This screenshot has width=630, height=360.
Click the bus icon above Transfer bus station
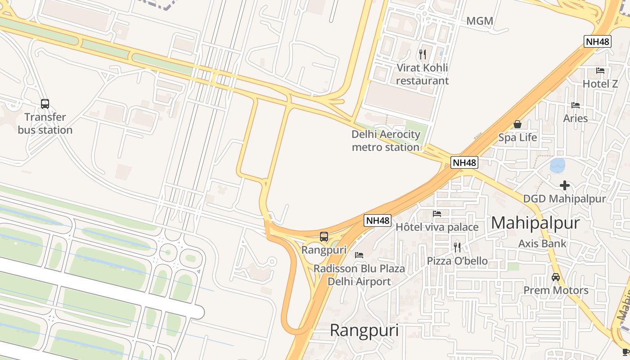[45, 104]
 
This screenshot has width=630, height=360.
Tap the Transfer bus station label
[45, 124]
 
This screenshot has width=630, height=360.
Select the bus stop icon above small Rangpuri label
[324, 236]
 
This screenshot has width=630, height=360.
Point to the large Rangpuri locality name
[364, 330]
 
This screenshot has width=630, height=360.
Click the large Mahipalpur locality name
[535, 223]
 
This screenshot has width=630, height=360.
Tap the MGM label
[480, 21]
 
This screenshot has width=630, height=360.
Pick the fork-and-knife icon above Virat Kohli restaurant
[422, 54]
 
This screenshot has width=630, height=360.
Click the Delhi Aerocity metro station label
[386, 141]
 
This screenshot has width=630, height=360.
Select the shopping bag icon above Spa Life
[517, 124]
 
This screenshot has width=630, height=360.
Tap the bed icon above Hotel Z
[600, 71]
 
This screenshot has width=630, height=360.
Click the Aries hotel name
[576, 118]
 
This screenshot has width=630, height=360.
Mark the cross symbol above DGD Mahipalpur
[564, 185]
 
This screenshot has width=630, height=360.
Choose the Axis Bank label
[542, 244]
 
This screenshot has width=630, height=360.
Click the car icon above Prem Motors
[556, 277]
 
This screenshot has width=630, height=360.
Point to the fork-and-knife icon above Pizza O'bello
[457, 247]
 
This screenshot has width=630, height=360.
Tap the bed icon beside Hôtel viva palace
[437, 214]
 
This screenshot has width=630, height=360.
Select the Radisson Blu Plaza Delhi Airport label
[359, 275]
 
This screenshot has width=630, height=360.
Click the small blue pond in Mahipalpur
[558, 166]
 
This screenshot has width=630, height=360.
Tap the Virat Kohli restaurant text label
[422, 74]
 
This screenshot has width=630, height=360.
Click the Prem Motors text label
[556, 290]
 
